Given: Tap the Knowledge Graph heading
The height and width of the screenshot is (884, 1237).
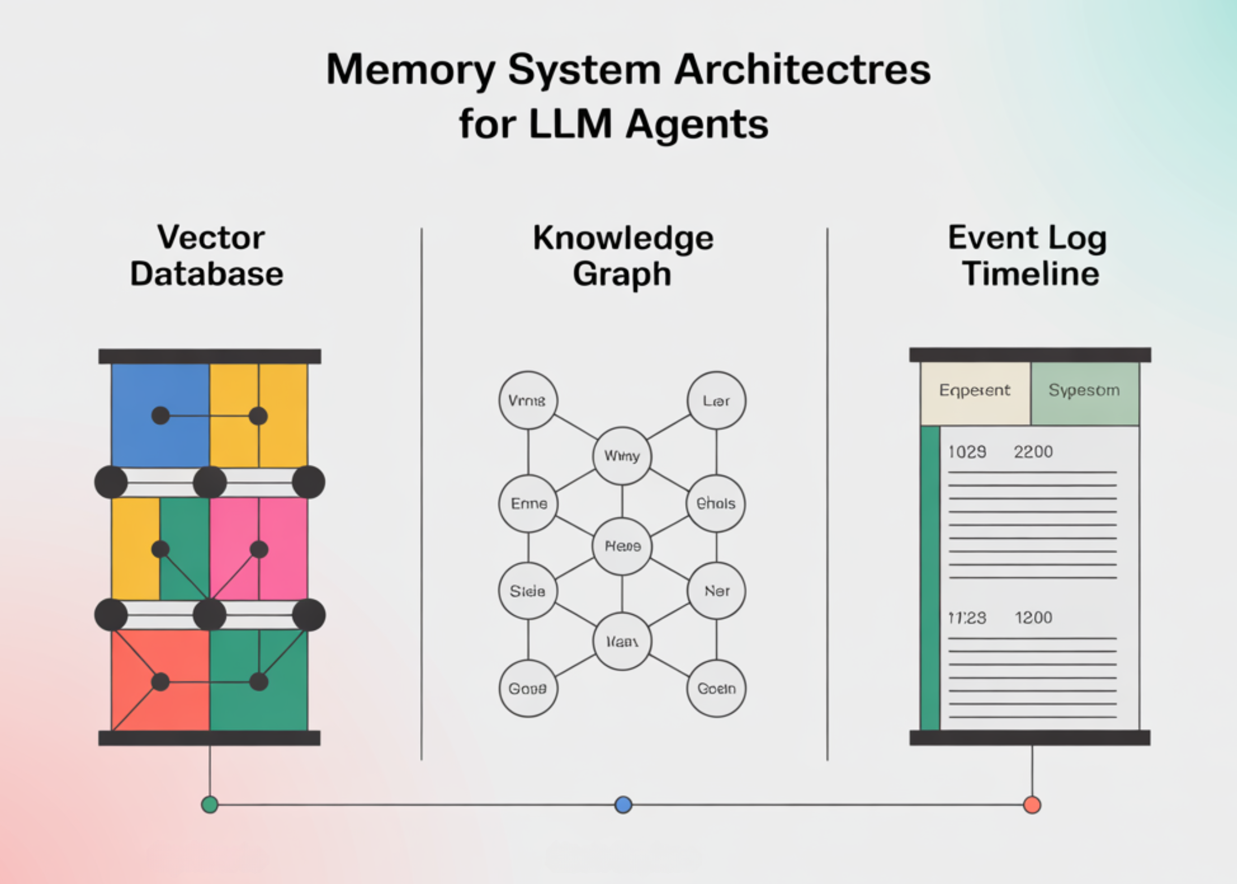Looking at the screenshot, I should (x=622, y=256).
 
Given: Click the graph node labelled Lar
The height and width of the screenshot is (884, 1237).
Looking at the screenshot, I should (x=716, y=400).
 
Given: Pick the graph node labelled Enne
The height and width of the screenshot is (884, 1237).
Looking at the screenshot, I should (x=528, y=503).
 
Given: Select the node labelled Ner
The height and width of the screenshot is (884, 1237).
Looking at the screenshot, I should (x=716, y=591).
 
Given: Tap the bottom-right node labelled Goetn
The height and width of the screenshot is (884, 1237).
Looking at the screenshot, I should (x=716, y=688).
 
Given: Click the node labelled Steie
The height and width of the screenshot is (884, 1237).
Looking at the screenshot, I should (x=527, y=591).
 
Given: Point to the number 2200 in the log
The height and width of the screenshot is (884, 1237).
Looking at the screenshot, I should (x=1033, y=452).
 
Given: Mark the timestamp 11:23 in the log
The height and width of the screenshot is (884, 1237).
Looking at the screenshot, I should (x=967, y=618).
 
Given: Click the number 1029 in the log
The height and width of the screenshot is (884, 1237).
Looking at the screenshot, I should (x=967, y=452).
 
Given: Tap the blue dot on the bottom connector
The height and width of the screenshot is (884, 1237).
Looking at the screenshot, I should (x=623, y=804).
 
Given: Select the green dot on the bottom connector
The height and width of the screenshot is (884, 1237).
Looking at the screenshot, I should (x=210, y=804).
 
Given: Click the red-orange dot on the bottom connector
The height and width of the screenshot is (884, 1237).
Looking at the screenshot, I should (x=1032, y=804).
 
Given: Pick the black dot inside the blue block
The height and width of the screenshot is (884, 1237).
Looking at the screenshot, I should (x=161, y=416).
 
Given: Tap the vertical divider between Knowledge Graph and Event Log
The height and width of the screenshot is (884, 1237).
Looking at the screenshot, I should (x=827, y=492).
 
